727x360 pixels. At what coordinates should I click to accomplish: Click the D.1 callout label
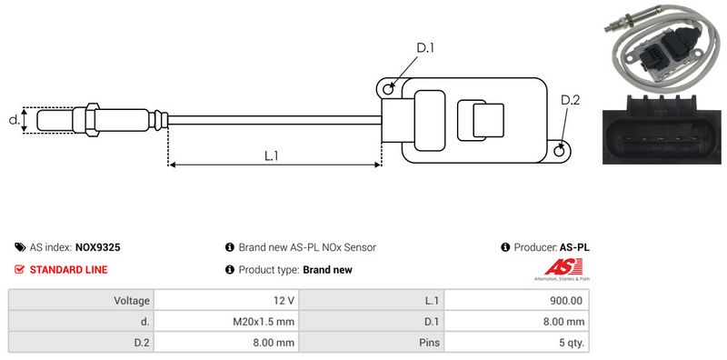click(x=424, y=48)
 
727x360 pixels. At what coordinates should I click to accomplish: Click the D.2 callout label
click(x=570, y=100)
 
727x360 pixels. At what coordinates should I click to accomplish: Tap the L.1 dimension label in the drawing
click(x=271, y=155)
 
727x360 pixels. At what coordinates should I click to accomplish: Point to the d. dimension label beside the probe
click(x=15, y=120)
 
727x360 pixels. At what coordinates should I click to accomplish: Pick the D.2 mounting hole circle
click(x=560, y=150)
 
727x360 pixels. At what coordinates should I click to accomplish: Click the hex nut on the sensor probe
click(x=93, y=120)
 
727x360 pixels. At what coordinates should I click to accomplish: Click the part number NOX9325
click(x=98, y=247)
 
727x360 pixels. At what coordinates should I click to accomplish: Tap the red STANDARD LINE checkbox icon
click(x=19, y=269)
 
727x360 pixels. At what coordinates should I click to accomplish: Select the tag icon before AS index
click(x=20, y=247)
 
